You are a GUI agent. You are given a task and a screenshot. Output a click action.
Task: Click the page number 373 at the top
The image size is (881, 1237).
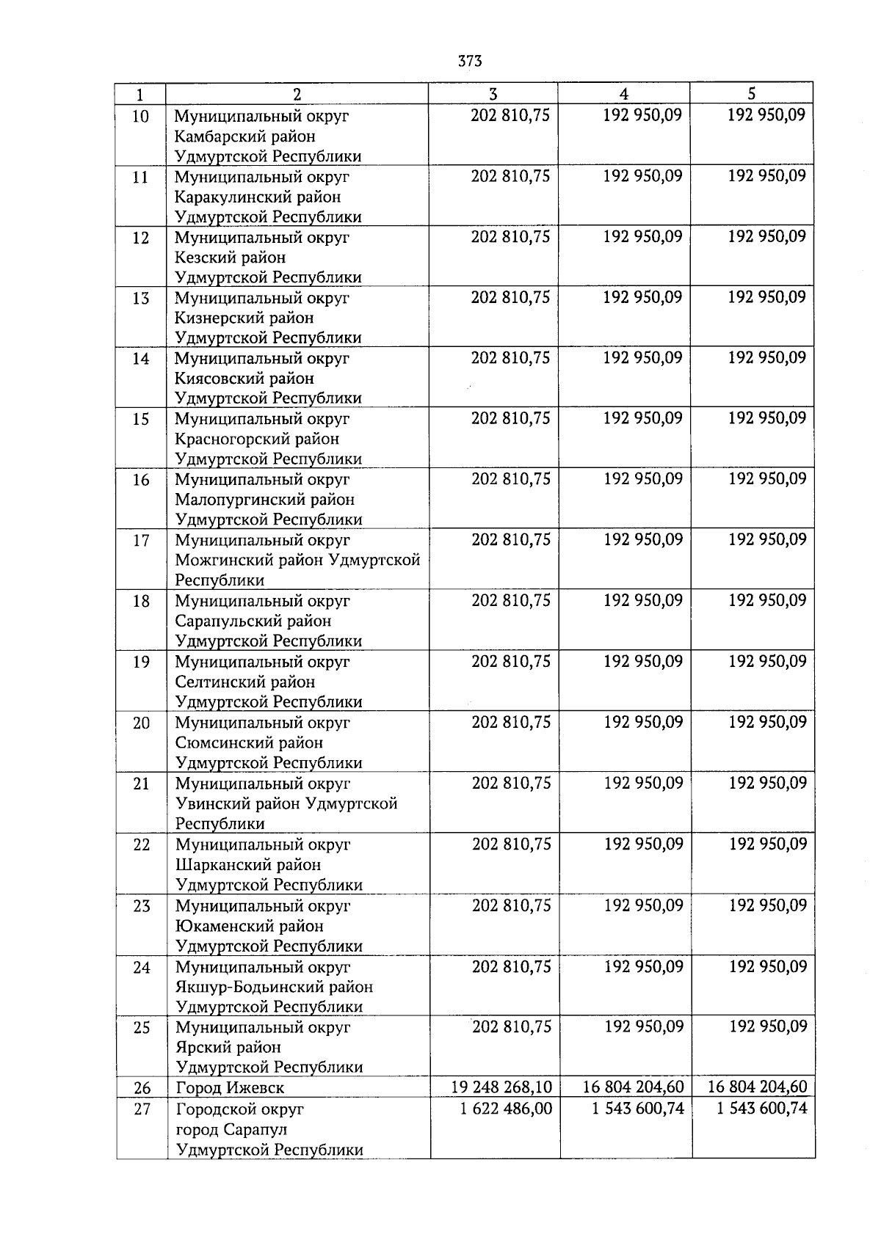click(x=469, y=61)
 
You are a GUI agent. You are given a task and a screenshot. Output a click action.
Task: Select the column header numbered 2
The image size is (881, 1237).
click(x=297, y=94)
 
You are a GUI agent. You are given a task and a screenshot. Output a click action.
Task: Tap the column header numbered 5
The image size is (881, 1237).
click(x=751, y=93)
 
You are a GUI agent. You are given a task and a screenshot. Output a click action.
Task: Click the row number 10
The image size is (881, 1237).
click(x=140, y=117)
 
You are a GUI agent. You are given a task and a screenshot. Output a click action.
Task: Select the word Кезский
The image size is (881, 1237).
click(x=205, y=258)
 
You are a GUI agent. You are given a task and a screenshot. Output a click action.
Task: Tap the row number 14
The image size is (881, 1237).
click(x=140, y=359)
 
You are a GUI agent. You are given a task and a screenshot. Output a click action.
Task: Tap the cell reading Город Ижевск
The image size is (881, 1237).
click(x=230, y=1087)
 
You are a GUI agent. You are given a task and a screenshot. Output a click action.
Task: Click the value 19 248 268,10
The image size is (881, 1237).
click(x=501, y=1087)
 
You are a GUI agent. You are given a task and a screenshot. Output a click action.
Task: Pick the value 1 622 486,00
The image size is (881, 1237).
click(x=506, y=1108)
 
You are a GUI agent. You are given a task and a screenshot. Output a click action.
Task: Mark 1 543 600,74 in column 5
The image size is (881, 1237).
click(x=761, y=1108)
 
